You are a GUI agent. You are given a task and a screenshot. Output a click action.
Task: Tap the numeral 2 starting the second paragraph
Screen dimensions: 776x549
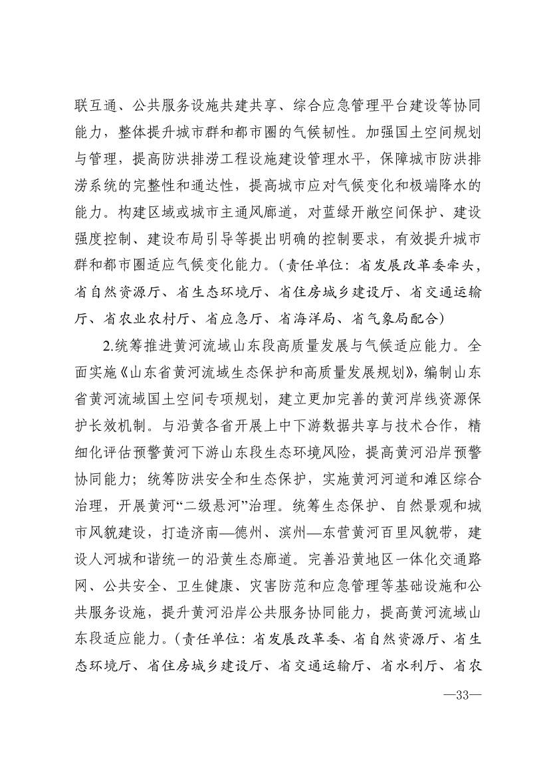pyautogui.click(x=101, y=347)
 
